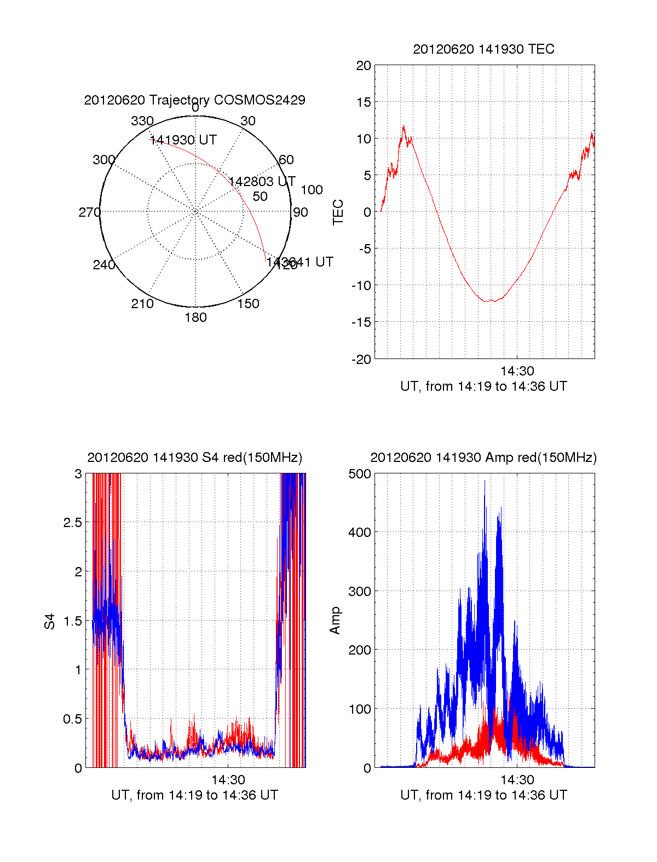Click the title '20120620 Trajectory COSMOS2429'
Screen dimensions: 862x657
pyautogui.click(x=194, y=100)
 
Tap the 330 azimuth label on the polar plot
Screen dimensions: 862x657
pyautogui.click(x=142, y=121)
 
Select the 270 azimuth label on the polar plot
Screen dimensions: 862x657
pyautogui.click(x=89, y=212)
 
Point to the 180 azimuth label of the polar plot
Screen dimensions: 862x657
pyautogui.click(x=195, y=317)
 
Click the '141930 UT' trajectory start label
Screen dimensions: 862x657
pyautogui.click(x=183, y=140)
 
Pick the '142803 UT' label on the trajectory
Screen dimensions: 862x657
pyautogui.click(x=262, y=182)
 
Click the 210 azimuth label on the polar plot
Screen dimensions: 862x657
pyautogui.click(x=142, y=304)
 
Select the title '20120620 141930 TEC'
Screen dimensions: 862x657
pyautogui.click(x=483, y=49)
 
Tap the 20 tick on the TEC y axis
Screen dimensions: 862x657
pyautogui.click(x=364, y=66)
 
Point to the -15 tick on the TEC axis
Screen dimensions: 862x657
pyautogui.click(x=361, y=322)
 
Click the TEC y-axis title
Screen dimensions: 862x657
pyautogui.click(x=338, y=212)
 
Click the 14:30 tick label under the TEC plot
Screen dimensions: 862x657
pyautogui.click(x=517, y=371)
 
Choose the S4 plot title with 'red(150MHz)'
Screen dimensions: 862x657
pyautogui.click(x=194, y=458)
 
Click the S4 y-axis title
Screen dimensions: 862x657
pyautogui.click(x=50, y=622)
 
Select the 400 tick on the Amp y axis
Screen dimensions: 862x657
pyautogui.click(x=360, y=532)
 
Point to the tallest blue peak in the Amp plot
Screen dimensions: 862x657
pyautogui.click(x=485, y=481)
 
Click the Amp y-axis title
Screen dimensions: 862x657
pyautogui.click(x=335, y=621)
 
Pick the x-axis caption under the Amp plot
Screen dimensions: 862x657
pyautogui.click(x=483, y=795)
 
